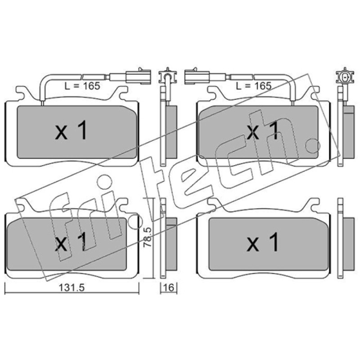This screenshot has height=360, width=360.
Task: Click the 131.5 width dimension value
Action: click(x=72, y=288)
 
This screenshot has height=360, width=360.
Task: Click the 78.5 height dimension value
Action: click(x=147, y=237)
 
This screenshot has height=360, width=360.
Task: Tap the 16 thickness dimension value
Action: click(x=169, y=288)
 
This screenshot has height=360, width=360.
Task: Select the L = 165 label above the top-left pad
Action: click(x=82, y=86)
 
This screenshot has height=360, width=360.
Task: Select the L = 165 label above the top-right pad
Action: click(x=254, y=86)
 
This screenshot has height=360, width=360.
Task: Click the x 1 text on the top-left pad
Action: click(x=71, y=131)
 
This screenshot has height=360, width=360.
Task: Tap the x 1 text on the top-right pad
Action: click(x=263, y=131)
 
